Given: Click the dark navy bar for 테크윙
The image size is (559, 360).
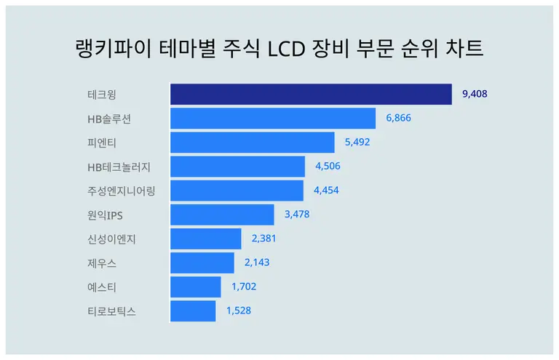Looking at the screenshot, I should pyautogui.click(x=311, y=95).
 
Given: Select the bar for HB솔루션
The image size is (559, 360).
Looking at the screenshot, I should pyautogui.click(x=273, y=119).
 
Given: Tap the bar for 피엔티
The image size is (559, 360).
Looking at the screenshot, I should pyautogui.click(x=253, y=143).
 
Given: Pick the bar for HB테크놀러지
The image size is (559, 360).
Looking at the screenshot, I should pyautogui.click(x=237, y=167).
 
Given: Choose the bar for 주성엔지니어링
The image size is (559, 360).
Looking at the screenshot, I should pyautogui.click(x=237, y=191).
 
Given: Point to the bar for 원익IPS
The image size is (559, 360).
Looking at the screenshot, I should pyautogui.click(x=222, y=215).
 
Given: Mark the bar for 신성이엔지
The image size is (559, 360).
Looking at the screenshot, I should pyautogui.click(x=205, y=239).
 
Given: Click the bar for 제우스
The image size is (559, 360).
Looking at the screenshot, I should pyautogui.click(x=202, y=263).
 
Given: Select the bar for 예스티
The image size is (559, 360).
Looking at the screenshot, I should pyautogui.click(x=195, y=287).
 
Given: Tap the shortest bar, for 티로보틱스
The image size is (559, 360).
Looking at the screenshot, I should pyautogui.click(x=193, y=311).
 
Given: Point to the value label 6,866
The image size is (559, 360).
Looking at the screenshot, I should pyautogui.click(x=399, y=118).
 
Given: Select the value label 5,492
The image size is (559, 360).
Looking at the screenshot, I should pyautogui.click(x=357, y=142).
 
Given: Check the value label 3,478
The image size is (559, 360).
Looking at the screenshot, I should pyautogui.click(x=297, y=214).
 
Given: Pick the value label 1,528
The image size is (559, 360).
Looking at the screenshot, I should pyautogui.click(x=239, y=311).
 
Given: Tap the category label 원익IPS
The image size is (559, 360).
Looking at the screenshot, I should pyautogui.click(x=105, y=215).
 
